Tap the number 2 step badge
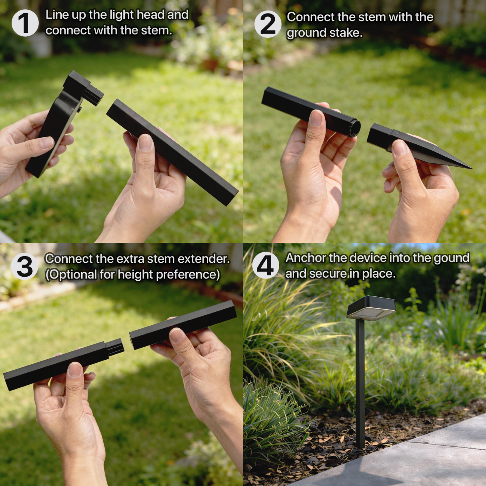pyautogui.click(x=268, y=24)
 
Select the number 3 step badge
pyautogui.click(x=24, y=266)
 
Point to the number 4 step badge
pyautogui.click(x=265, y=265)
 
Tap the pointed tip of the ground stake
pyautogui.click(x=471, y=168)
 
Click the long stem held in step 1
pyautogui.click(x=172, y=152)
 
